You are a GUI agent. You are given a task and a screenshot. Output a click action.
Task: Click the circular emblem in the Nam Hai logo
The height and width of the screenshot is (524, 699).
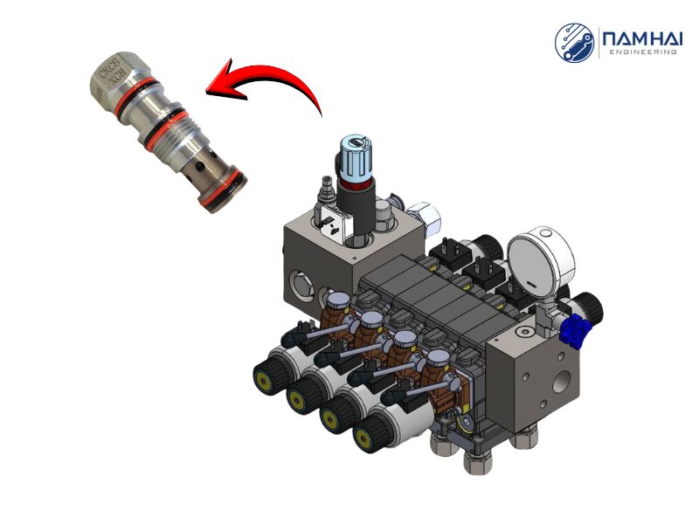click(575, 41)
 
